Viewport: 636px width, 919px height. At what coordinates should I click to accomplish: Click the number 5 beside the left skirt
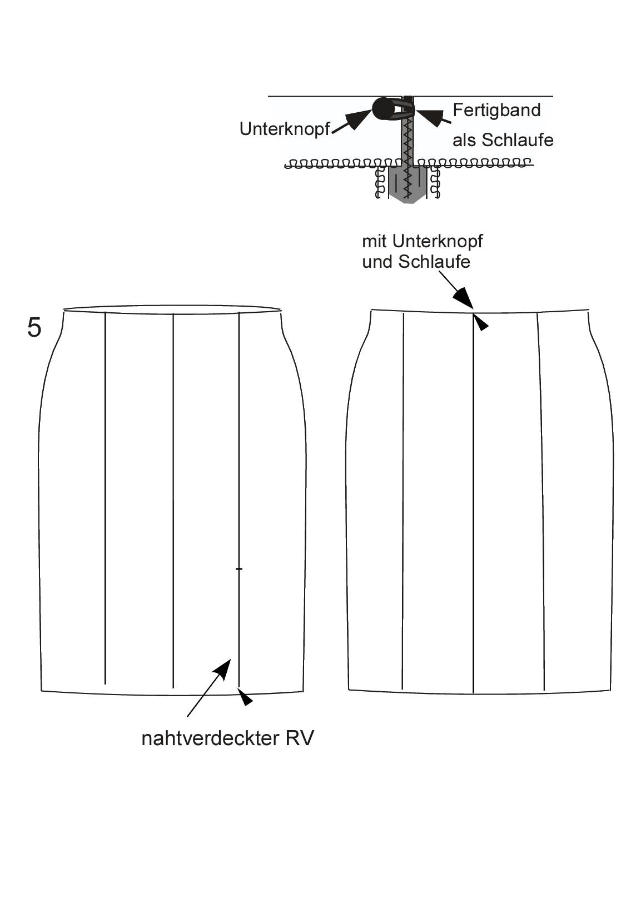coord(34,328)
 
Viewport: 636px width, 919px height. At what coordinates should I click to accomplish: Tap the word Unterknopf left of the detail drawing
coord(285,129)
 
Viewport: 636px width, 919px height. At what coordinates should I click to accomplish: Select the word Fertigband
coord(496,111)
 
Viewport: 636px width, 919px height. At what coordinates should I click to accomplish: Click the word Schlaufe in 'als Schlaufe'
coord(518,140)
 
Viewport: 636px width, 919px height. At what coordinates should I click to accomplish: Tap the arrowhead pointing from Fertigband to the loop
coord(430,115)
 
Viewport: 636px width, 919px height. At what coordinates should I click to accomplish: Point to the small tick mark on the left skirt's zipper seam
coord(238,568)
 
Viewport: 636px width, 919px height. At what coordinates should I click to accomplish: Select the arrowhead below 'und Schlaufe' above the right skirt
coord(464,297)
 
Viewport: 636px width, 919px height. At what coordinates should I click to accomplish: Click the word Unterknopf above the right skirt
coord(438,242)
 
